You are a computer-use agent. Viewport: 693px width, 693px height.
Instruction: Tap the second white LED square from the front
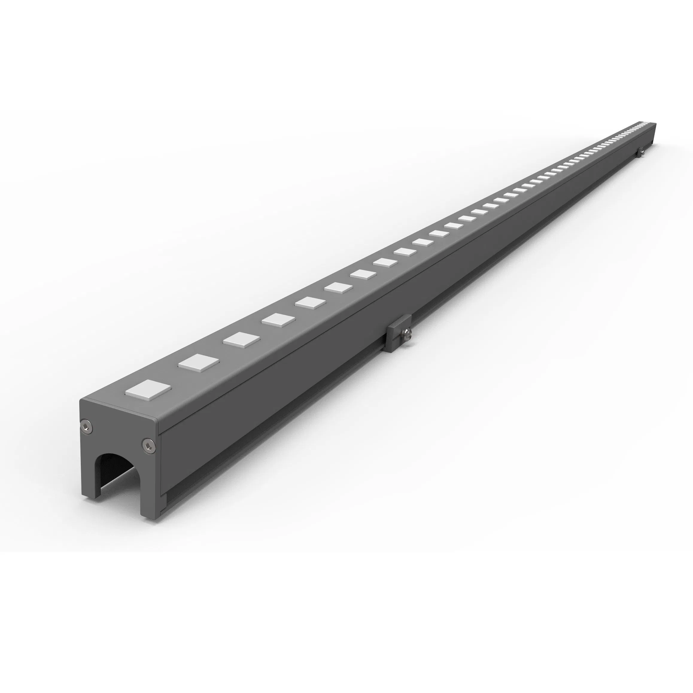(199, 362)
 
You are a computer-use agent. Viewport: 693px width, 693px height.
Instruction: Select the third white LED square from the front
(241, 339)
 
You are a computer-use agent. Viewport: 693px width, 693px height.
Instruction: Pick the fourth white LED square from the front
(278, 320)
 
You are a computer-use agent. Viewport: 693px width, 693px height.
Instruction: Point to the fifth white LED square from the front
(310, 303)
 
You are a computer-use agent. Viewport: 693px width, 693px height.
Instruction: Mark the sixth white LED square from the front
(339, 287)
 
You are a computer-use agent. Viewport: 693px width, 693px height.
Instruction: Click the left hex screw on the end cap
(86, 427)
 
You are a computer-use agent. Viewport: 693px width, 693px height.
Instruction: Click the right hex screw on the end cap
(148, 446)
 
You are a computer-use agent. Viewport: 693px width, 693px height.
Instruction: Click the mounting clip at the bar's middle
(398, 333)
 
